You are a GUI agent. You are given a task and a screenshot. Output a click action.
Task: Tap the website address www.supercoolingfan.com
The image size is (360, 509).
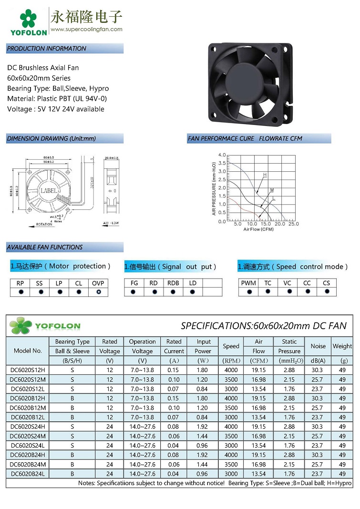86,29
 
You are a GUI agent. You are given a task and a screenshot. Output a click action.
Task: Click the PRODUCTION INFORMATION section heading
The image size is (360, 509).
47,49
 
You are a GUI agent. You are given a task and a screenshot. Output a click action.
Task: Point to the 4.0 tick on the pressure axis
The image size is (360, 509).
222,155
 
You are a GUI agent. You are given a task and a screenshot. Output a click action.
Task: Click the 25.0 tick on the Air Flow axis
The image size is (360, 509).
294,224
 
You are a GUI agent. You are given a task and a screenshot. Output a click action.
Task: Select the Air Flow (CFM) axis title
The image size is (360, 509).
258,229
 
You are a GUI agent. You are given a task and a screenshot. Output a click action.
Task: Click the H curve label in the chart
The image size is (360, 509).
265,175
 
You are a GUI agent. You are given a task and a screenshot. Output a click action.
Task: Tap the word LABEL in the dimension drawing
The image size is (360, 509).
49,191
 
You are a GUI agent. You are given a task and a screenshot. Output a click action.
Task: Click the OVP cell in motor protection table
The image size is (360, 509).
98,283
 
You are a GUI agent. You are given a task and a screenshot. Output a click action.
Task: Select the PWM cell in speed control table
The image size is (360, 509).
248,283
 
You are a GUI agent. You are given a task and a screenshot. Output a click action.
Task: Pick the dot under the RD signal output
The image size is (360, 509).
153,292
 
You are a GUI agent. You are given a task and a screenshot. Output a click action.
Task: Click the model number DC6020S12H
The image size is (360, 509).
28,370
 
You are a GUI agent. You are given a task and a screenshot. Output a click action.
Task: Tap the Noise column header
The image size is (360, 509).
318,346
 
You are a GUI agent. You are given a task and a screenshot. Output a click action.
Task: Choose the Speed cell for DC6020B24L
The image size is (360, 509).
231,474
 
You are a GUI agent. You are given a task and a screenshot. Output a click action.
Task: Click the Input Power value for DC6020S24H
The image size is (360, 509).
203,426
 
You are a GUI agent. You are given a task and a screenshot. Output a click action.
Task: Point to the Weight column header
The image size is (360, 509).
342,346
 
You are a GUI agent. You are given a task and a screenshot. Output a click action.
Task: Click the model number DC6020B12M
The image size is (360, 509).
28,408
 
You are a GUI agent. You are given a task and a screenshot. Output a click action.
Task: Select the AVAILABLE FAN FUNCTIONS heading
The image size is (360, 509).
45,247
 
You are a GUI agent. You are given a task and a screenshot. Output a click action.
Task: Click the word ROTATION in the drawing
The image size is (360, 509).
44,224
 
